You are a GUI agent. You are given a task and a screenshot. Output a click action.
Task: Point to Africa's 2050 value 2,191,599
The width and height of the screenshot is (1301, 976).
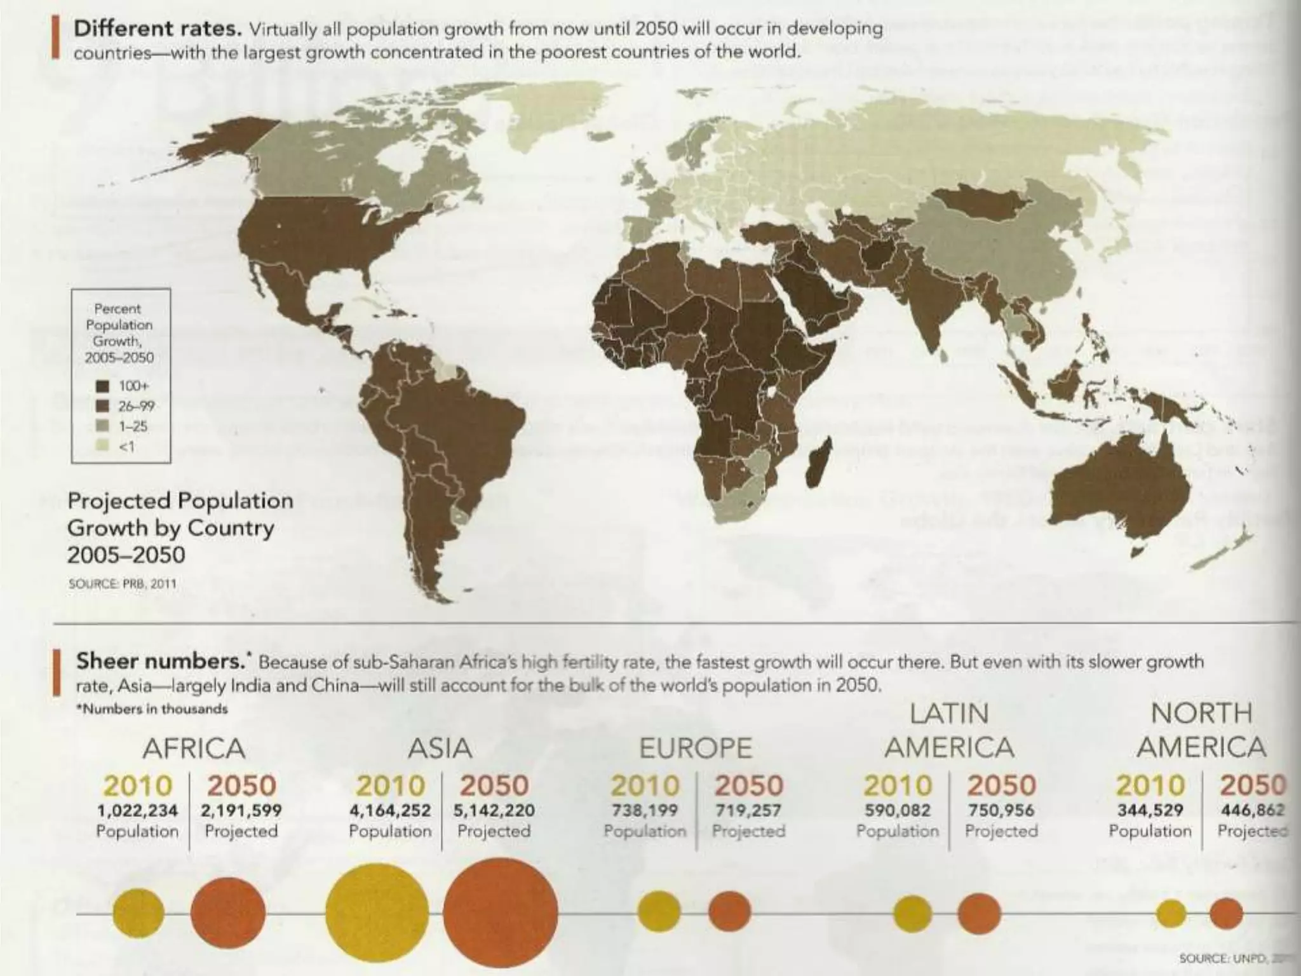(x=241, y=811)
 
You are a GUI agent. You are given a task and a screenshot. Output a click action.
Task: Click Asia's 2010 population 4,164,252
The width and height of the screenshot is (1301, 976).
(x=390, y=811)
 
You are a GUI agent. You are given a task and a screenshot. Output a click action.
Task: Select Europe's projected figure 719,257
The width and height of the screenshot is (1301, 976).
(x=748, y=811)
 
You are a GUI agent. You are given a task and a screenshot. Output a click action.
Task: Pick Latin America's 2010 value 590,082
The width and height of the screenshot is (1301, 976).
(x=897, y=811)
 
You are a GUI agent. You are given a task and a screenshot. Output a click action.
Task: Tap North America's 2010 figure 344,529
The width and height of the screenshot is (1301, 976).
(x=1150, y=811)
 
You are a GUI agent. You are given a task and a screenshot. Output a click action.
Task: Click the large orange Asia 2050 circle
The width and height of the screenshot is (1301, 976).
(x=501, y=914)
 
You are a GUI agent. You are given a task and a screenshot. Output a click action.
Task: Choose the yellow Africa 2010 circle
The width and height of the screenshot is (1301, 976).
(x=138, y=914)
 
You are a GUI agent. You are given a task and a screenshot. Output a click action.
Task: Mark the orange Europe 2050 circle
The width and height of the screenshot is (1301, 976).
(x=729, y=911)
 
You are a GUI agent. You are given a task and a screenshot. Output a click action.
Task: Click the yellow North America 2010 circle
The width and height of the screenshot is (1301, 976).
(x=1171, y=914)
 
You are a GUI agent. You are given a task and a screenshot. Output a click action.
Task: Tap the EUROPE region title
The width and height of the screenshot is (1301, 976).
(x=695, y=749)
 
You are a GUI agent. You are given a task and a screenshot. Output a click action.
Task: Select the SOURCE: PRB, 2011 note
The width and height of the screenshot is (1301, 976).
(x=122, y=583)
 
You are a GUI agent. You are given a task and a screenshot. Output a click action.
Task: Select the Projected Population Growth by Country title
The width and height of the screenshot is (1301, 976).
(x=180, y=527)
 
